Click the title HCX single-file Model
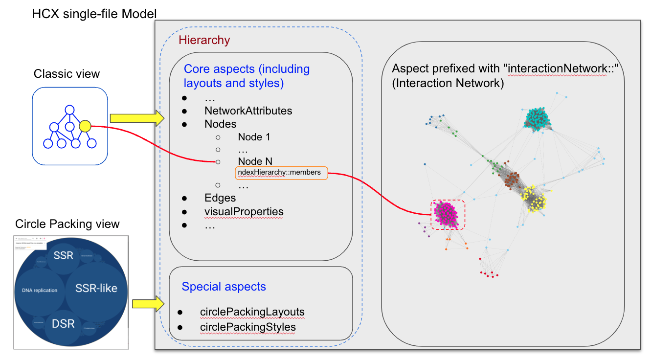click(x=94, y=13)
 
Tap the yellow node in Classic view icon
click(x=84, y=126)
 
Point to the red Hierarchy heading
click(x=204, y=40)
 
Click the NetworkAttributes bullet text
click(x=248, y=111)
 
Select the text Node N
click(x=255, y=161)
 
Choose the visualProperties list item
click(x=244, y=211)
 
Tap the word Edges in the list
click(x=220, y=198)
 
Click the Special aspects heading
click(x=224, y=287)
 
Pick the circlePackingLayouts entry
click(x=251, y=312)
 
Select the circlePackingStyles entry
click(x=247, y=326)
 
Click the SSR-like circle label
click(x=96, y=288)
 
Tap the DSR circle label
click(x=63, y=323)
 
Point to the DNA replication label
click(x=40, y=290)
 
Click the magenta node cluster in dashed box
click(x=448, y=215)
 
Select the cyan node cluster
click(x=538, y=119)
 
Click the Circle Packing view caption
click(x=67, y=224)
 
